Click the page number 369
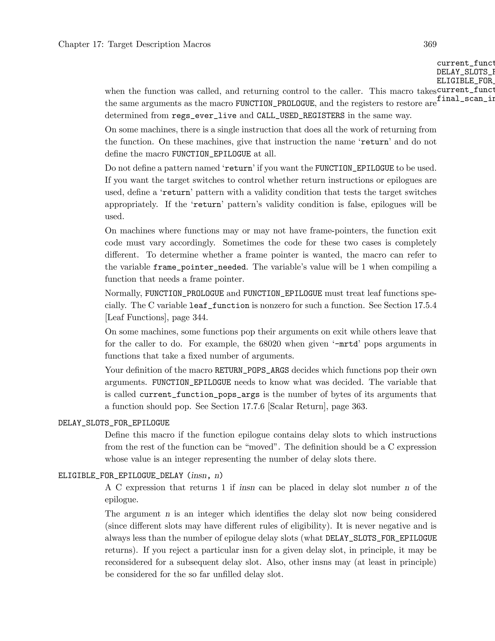430,44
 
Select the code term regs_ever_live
204,116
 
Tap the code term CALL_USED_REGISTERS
301,116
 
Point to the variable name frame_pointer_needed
200,267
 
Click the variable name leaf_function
219,306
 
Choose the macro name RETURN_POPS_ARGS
252,370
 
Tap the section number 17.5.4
425,306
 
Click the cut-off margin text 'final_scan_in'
466,99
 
